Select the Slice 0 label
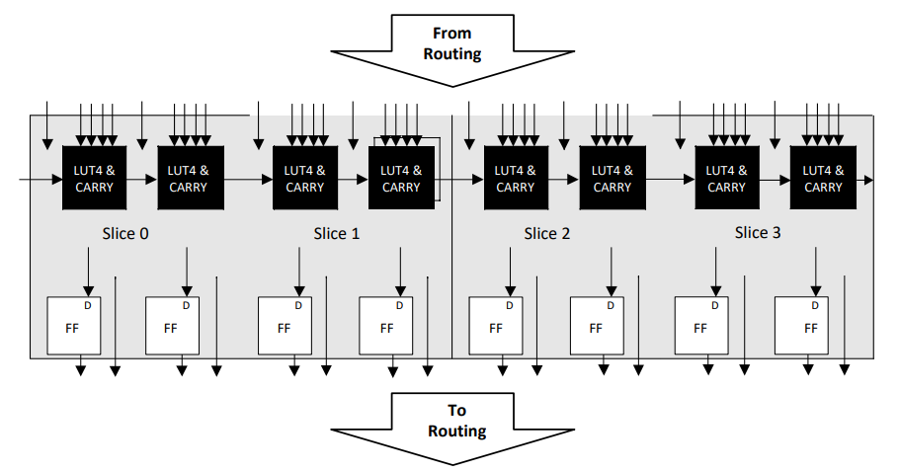[x=125, y=233]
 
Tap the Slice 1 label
[x=337, y=233]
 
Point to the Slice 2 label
[x=547, y=233]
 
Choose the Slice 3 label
[x=759, y=233]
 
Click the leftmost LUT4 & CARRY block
[x=95, y=179]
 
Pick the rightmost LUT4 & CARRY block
[x=823, y=179]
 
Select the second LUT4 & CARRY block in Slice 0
[x=190, y=179]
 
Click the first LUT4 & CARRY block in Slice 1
[x=305, y=179]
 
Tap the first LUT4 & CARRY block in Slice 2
[x=516, y=179]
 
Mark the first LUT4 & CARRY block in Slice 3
[x=727, y=179]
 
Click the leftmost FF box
[x=74, y=326]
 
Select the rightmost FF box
[x=801, y=326]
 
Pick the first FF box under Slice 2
[x=496, y=326]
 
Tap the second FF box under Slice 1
[x=385, y=326]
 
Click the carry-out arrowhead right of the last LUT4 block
[x=868, y=180]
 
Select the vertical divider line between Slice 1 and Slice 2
[x=451, y=237]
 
